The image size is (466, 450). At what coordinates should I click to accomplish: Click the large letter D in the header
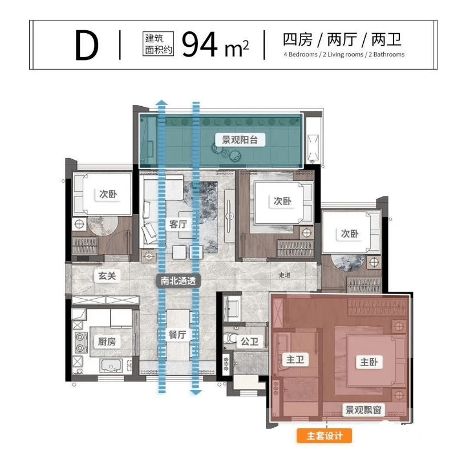point(87,45)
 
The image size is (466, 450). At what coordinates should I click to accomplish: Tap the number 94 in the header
point(200,45)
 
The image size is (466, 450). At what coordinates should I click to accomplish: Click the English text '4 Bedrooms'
point(301,54)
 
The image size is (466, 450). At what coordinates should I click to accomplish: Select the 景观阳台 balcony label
point(240,139)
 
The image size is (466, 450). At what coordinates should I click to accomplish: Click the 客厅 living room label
point(178,224)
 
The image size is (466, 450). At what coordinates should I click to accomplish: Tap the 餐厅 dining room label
point(177,335)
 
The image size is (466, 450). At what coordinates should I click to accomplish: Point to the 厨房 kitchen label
point(107,341)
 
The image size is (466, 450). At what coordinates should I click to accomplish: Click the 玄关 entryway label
point(107,276)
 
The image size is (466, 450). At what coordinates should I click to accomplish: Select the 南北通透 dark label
point(179,280)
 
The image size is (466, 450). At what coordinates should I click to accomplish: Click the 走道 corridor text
point(285,275)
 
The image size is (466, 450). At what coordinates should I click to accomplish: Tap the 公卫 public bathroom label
point(249,341)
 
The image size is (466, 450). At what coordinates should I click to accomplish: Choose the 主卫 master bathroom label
point(295,360)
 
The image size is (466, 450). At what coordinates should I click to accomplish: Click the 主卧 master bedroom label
point(369,362)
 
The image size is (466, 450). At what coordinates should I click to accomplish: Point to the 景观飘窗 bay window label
point(363,410)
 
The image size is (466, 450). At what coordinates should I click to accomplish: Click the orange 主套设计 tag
point(324,436)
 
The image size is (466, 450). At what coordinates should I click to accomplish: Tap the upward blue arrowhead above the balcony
point(161,103)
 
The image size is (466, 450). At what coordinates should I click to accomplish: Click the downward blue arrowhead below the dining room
point(196,392)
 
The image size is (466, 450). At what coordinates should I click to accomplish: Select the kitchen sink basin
point(111,365)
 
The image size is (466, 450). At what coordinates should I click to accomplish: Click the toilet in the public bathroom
point(229,338)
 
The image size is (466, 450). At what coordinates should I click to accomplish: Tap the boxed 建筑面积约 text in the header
point(158,44)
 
